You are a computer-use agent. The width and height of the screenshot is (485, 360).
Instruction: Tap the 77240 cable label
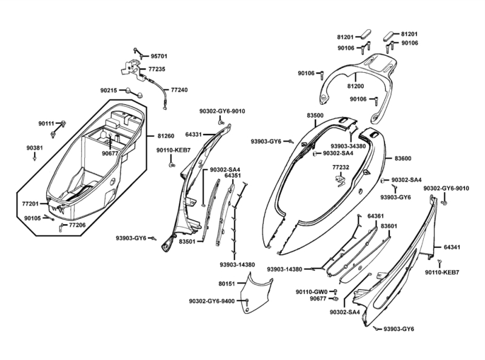[179, 90]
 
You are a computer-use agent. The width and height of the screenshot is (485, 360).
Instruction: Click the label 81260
[167, 136]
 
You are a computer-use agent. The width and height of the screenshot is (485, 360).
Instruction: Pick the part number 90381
[35, 147]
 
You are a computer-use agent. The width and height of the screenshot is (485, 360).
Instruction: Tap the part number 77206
[77, 225]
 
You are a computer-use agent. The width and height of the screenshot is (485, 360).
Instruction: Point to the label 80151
[227, 283]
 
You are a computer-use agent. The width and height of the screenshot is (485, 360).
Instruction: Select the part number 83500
[315, 115]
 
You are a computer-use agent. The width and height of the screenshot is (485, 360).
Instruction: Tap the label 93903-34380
[348, 146]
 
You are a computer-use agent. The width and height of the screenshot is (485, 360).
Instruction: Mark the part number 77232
[341, 167]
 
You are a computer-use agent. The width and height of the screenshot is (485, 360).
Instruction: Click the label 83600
[403, 158]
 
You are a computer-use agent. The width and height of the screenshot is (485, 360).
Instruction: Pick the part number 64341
[452, 247]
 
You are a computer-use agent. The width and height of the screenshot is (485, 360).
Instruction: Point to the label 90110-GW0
[312, 292]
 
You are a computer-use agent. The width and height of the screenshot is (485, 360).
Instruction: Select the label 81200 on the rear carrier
[355, 87]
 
